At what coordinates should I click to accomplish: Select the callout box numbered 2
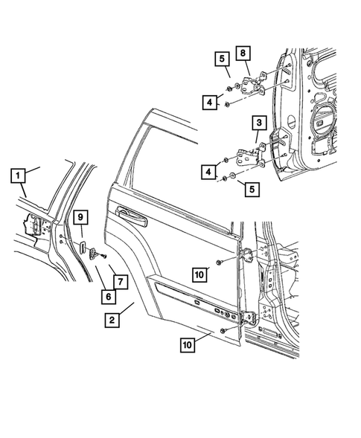112,320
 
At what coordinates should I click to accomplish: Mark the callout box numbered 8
243,53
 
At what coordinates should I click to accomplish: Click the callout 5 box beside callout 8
222,58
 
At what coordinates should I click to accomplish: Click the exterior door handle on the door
131,216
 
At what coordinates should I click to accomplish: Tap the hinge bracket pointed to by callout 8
256,82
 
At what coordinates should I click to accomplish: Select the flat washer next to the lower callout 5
234,177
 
